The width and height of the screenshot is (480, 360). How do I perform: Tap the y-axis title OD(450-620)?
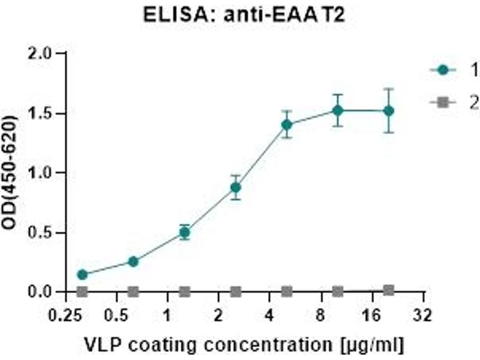(10, 173)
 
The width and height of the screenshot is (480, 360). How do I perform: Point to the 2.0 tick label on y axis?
(46, 53)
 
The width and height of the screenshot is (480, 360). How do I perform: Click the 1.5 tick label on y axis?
(46, 113)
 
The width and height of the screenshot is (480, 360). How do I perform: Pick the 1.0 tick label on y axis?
(46, 173)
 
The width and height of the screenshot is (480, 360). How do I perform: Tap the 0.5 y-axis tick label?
(46, 232)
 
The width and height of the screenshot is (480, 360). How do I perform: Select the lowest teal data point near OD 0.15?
(82, 275)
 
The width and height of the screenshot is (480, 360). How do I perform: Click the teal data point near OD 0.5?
(185, 233)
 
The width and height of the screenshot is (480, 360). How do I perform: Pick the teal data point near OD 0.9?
(236, 188)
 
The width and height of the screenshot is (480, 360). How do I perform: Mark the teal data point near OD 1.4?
(287, 125)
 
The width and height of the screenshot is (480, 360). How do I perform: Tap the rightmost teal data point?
(389, 111)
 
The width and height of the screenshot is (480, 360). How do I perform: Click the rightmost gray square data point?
(389, 290)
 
